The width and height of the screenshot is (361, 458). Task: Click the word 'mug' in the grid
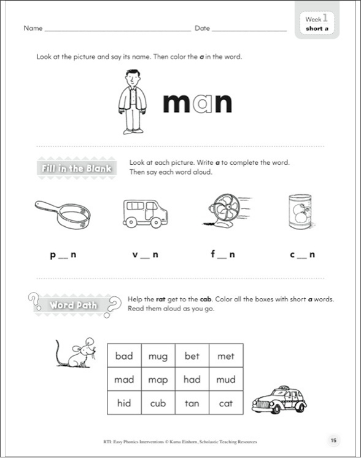point(158,356)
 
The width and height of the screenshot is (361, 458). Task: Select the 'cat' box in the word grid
point(225,403)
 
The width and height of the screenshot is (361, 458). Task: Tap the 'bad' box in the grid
point(124,356)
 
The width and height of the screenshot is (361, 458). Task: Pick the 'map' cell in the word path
point(158,379)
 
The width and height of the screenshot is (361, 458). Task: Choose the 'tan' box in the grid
point(192,403)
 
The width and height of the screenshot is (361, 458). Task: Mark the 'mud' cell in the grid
point(225,379)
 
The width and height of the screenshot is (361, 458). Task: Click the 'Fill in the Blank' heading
point(76,168)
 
